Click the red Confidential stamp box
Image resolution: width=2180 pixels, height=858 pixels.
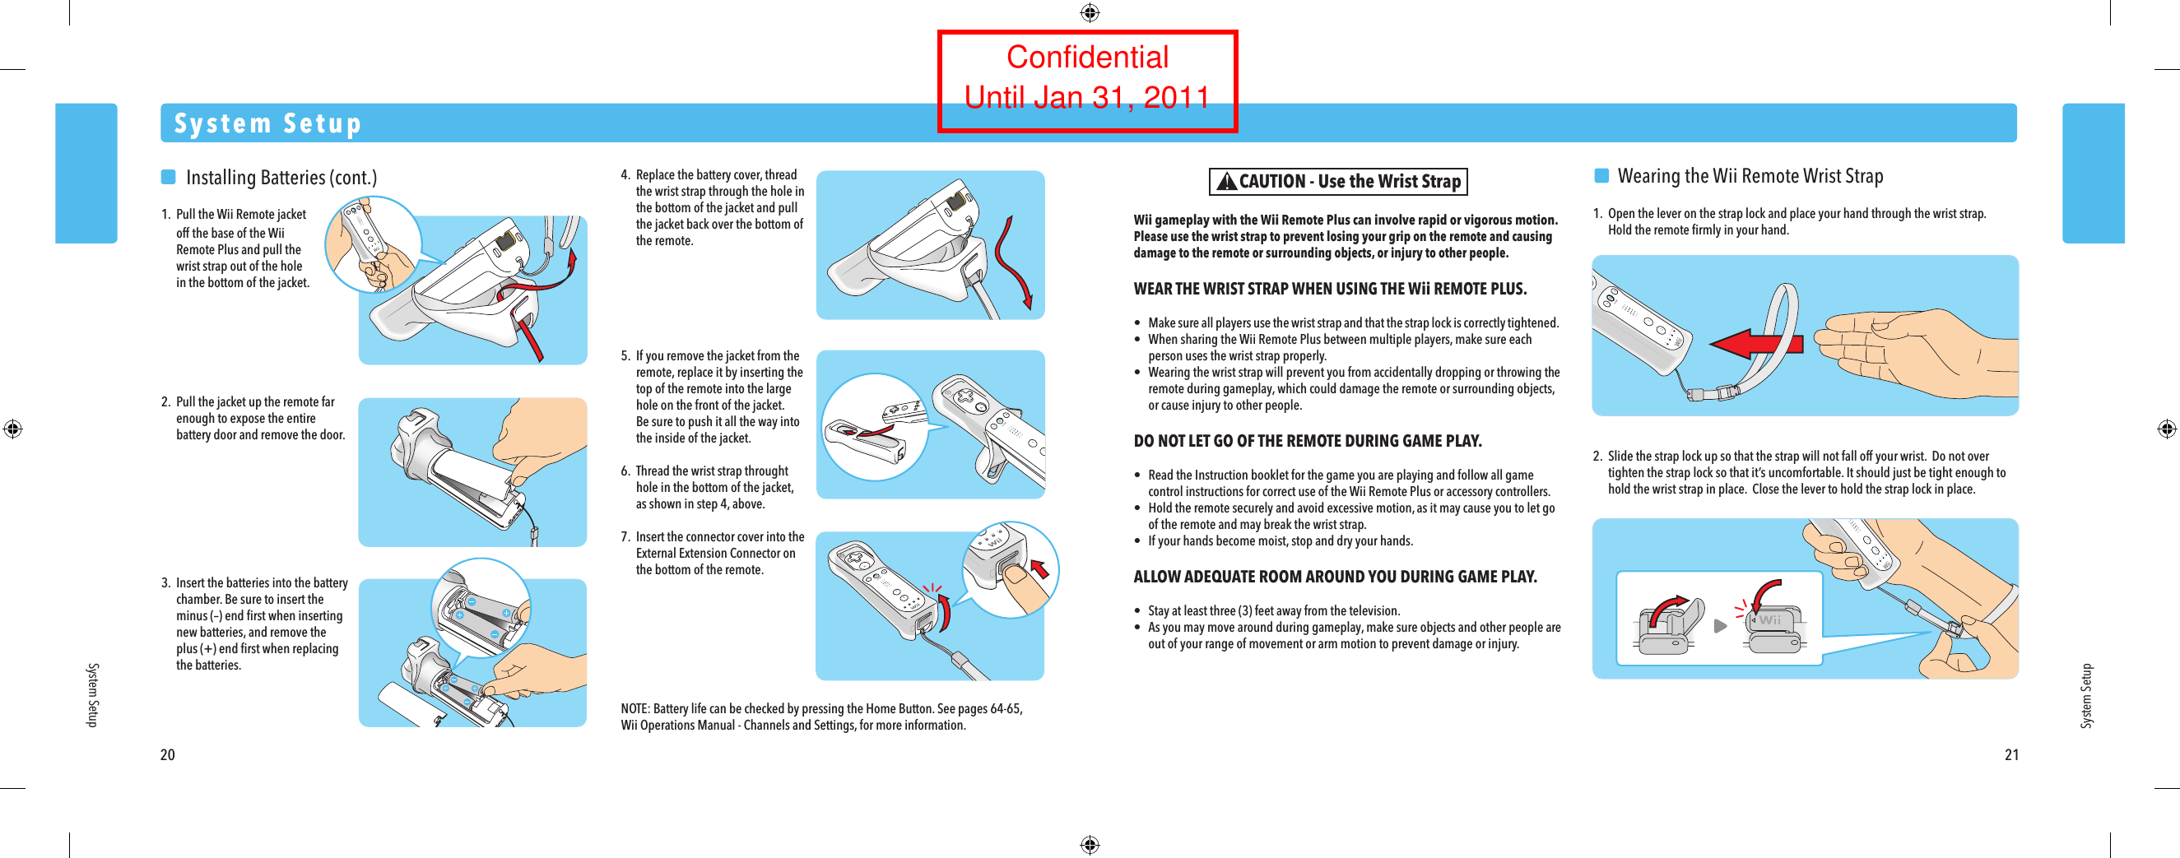pos(1086,81)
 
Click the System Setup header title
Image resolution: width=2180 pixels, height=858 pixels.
pos(267,123)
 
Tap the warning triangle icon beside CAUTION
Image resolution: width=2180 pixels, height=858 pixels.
pos(1226,181)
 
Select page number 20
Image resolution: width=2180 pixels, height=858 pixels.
pos(168,754)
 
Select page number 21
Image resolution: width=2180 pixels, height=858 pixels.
pos(2010,754)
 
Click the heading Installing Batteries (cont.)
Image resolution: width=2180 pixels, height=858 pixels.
pos(281,177)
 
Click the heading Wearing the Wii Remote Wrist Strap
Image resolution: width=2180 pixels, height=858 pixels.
pos(1750,176)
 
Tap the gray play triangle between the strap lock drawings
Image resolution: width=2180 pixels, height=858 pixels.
pos(1720,626)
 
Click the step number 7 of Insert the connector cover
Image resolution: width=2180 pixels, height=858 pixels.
pos(625,536)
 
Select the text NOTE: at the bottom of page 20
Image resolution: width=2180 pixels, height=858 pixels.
pos(634,708)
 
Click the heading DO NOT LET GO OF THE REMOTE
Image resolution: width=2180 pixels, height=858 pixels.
pos(1307,441)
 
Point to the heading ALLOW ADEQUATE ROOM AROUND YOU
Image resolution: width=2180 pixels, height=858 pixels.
pos(1335,576)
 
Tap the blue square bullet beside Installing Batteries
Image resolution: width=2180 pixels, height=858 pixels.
pos(169,177)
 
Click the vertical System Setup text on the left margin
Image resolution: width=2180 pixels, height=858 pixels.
pos(93,693)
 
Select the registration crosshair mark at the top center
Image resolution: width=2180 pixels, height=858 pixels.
pos(1089,12)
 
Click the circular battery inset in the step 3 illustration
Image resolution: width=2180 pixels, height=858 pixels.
pos(480,607)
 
